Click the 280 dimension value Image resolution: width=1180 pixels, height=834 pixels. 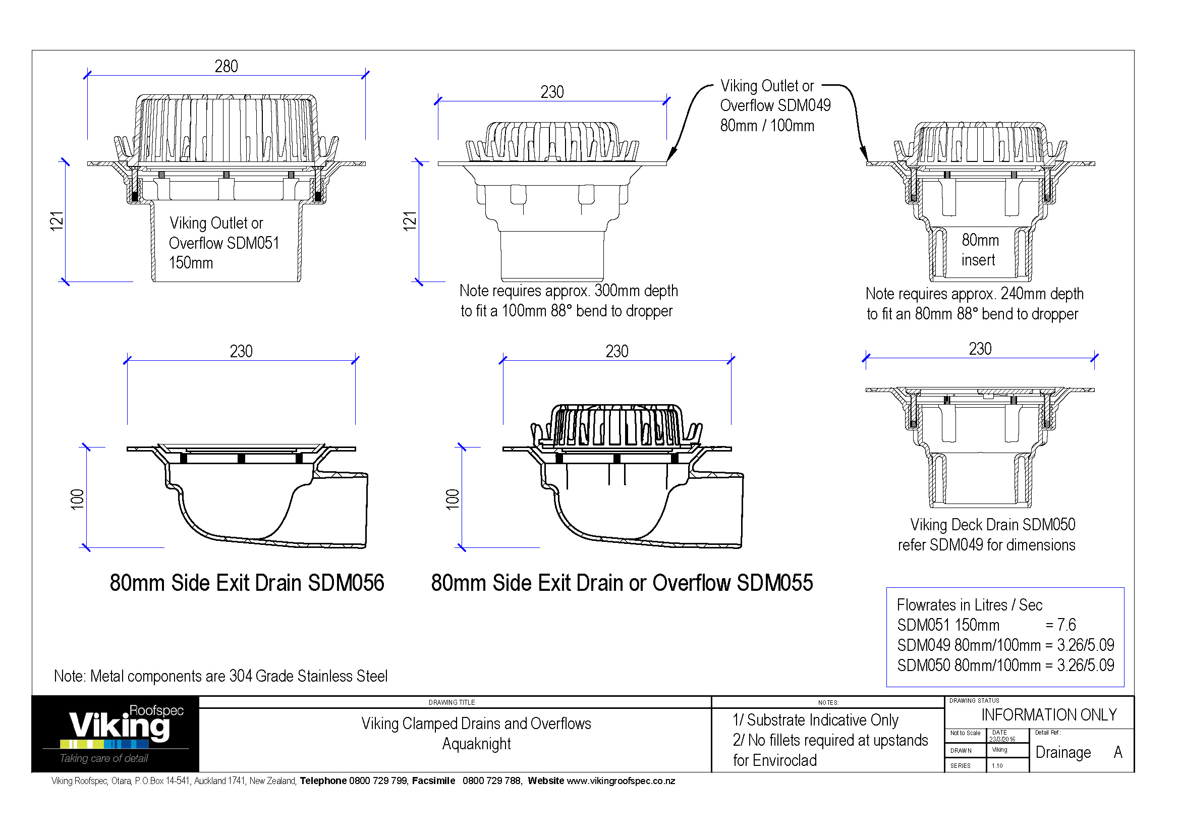point(226,66)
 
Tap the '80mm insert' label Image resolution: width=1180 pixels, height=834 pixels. point(980,250)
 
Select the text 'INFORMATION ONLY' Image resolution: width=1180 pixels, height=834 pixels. point(1048,715)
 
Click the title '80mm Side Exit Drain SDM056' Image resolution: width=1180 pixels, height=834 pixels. point(247,583)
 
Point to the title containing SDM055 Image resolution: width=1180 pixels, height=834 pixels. point(622,583)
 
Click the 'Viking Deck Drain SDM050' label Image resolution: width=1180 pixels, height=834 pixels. point(992,525)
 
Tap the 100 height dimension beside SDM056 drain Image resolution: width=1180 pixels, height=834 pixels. point(77,499)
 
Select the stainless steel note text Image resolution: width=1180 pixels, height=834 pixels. point(220,676)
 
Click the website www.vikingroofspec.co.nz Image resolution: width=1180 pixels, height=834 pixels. point(621,781)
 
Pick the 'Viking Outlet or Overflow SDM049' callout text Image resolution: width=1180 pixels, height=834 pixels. point(774,105)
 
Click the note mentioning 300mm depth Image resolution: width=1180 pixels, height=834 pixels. point(568,301)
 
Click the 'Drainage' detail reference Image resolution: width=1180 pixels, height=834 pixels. point(1062,752)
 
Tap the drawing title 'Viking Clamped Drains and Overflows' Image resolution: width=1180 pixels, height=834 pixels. point(476,724)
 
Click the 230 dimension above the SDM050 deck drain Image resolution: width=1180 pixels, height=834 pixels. point(980,349)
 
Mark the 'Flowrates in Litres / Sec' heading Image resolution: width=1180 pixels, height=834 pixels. point(969,605)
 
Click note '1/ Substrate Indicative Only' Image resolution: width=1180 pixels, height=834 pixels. point(815,720)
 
